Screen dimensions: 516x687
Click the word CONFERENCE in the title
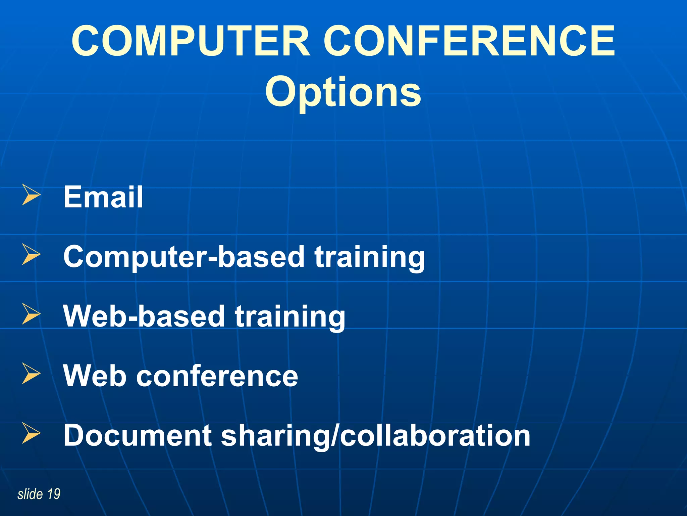[x=469, y=41]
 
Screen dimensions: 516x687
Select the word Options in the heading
[x=343, y=91]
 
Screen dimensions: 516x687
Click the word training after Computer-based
[x=370, y=257]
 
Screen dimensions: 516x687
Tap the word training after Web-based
[x=290, y=317]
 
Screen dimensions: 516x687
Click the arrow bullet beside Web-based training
[x=31, y=314]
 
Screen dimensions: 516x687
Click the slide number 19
[x=54, y=494]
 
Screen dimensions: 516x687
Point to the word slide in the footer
[x=30, y=494]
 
